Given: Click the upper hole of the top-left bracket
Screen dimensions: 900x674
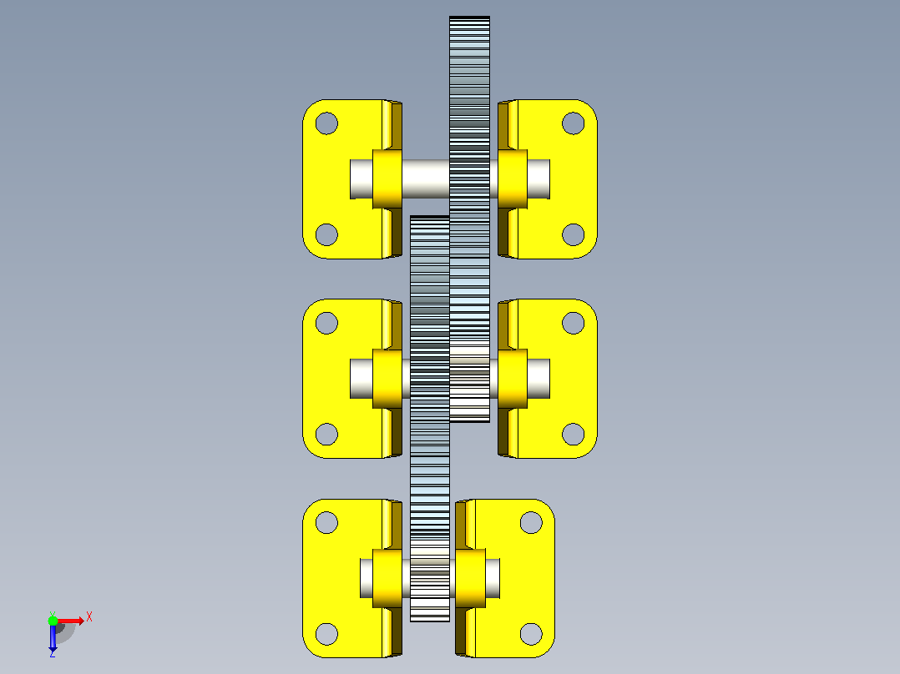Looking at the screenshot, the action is (x=326, y=123).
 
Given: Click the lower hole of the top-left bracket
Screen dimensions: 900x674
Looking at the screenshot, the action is (x=326, y=234).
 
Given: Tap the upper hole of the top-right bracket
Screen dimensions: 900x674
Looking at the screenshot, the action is (x=573, y=123).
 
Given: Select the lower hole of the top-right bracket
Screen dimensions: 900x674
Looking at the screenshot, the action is (x=573, y=234).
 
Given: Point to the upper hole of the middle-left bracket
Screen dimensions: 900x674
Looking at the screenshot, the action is (x=326, y=323).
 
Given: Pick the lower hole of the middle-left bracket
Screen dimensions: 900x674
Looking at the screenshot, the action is (x=326, y=435).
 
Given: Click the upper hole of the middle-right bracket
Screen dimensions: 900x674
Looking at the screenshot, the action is (x=573, y=323).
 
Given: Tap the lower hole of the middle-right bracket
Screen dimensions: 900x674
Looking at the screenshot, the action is (x=573, y=435).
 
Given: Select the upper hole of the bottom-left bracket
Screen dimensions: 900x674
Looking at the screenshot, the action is (x=326, y=522).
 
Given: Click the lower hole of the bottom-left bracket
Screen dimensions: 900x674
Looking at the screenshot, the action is (x=326, y=634).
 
